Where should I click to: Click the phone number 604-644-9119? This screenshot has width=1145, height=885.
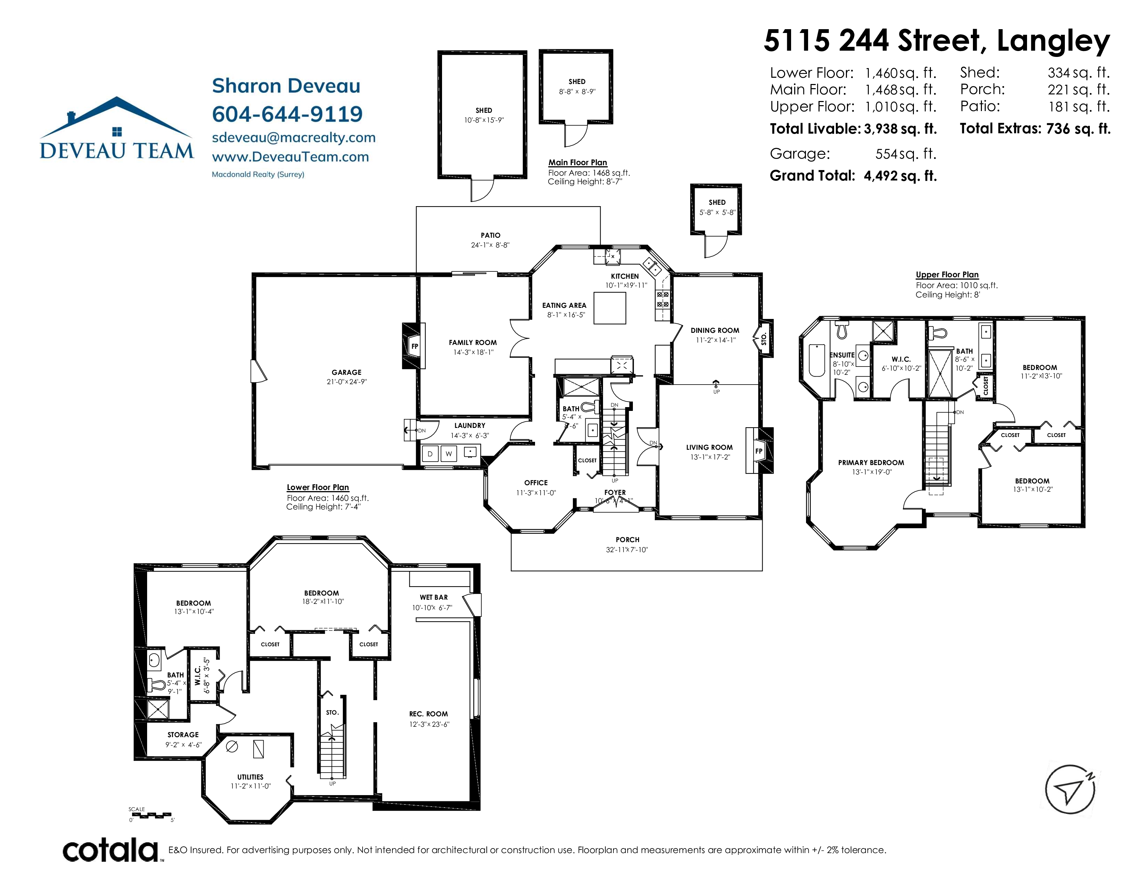coord(287,114)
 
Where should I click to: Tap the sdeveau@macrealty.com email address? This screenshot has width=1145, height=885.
coord(294,137)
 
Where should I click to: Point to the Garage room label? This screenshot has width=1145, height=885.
coord(347,372)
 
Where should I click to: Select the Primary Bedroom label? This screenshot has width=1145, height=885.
coord(871,462)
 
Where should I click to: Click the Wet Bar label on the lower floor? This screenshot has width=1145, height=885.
coord(434,597)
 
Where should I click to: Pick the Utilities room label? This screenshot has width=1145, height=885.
coord(250,777)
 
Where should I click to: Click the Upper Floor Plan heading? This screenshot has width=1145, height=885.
coord(947,275)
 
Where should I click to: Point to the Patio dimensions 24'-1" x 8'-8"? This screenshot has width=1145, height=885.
coord(490,245)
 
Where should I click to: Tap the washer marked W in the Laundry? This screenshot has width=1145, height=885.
coord(449,454)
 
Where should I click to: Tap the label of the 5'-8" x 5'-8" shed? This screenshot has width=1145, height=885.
coord(717,202)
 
